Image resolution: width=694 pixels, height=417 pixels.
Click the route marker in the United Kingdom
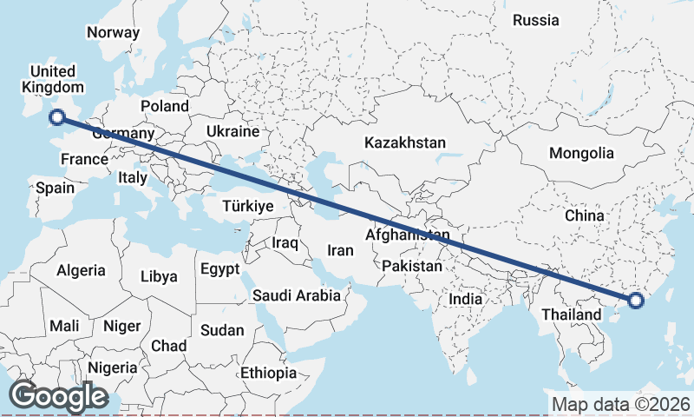pos(58,117)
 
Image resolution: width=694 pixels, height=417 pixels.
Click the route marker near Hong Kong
pos(635,301)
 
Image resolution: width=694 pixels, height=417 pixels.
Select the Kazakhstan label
pos(405,142)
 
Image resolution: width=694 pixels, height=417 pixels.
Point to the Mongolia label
pos(581,154)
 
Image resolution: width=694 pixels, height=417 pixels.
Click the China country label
pos(584,215)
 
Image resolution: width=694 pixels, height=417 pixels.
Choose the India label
pos(465,299)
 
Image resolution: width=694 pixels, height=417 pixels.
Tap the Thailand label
pos(571,314)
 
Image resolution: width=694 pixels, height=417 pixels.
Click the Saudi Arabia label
pos(297,296)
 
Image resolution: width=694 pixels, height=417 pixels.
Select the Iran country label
pos(340,250)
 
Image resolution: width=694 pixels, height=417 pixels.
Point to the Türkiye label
pos(248,206)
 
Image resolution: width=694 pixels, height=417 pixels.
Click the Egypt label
pos(219,269)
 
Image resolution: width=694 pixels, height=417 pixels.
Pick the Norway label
pos(113,33)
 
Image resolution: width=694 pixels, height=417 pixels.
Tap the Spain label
pos(54,188)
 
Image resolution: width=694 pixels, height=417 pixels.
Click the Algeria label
pos(81,270)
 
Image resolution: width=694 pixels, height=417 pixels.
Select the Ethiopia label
pos(269,373)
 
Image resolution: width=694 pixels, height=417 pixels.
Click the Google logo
pos(57,396)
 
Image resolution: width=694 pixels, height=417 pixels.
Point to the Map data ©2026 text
pos(620,404)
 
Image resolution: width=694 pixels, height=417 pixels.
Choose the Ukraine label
pos(232,132)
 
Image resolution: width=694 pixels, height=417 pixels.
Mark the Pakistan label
pos(411,265)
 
